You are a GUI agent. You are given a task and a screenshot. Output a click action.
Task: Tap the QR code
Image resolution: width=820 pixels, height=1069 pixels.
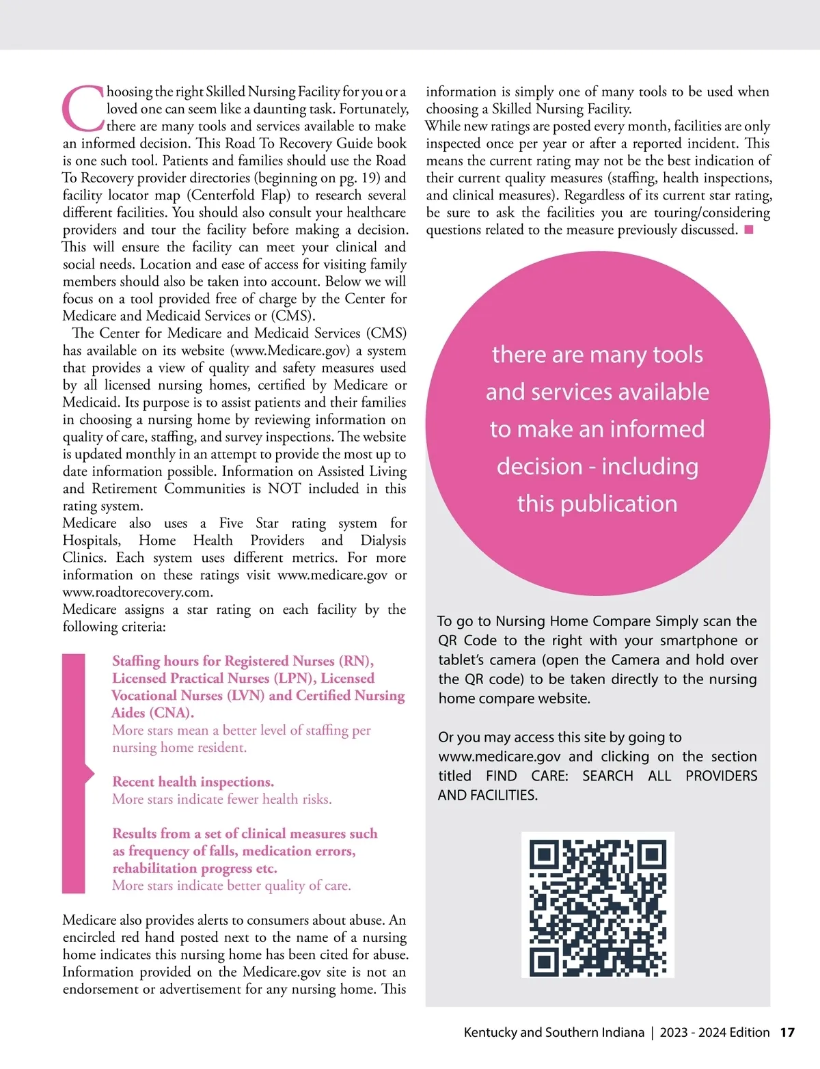tap(598, 905)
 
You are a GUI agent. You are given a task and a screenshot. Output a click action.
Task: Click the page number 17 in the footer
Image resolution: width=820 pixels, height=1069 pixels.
tap(787, 1032)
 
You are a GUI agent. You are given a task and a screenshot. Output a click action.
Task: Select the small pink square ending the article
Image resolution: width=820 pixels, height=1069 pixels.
tap(749, 230)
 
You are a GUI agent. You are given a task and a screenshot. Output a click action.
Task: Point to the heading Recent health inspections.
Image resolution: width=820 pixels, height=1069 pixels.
tap(193, 782)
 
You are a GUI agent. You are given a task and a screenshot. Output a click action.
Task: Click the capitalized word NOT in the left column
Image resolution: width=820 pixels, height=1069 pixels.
tap(284, 489)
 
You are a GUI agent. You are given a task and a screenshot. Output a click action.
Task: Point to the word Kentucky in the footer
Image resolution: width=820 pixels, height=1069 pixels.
tap(490, 1032)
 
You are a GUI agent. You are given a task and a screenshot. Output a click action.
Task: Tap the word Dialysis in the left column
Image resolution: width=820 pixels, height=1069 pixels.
tap(383, 541)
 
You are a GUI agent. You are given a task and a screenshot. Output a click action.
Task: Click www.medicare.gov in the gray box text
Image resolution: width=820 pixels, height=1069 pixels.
tap(500, 757)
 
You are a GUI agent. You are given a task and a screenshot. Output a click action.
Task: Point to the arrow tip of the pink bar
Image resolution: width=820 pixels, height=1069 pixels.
tap(94, 773)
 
